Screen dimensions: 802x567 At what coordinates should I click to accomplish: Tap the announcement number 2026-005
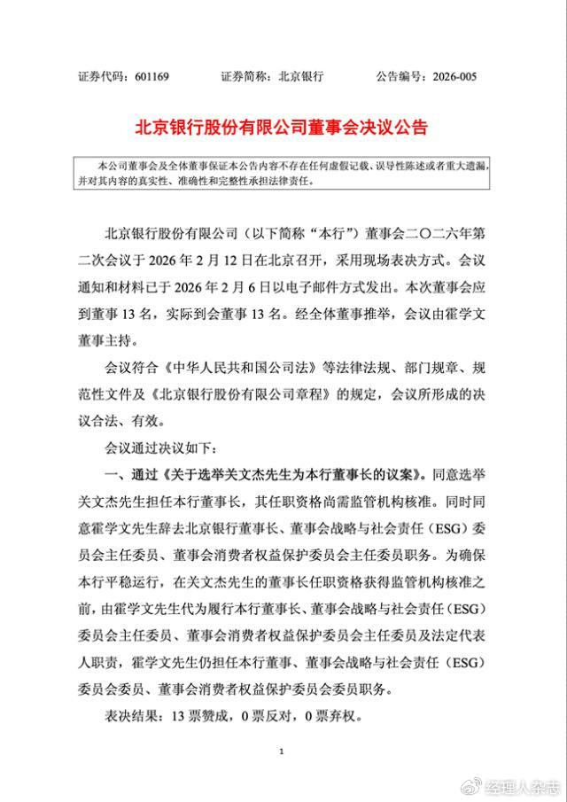click(454, 77)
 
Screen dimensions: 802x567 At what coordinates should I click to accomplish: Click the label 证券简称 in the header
click(245, 77)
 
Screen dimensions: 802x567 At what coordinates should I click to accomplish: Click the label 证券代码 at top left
click(104, 77)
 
